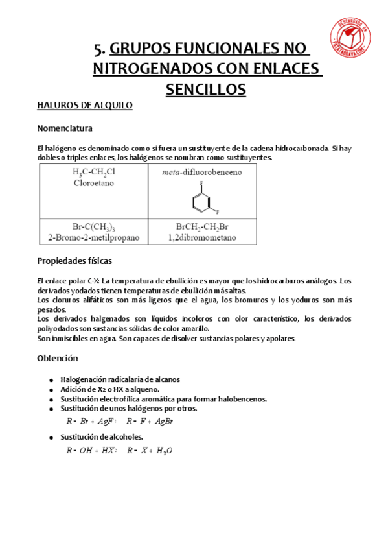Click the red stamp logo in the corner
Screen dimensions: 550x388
(x=354, y=38)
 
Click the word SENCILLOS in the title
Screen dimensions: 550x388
(x=205, y=89)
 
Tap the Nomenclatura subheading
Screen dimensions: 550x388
(x=65, y=128)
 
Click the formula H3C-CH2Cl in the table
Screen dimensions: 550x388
(x=93, y=173)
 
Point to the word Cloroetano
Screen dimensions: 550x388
(x=93, y=183)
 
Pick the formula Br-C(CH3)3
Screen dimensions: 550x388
(x=93, y=228)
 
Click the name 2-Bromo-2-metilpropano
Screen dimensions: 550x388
(x=93, y=237)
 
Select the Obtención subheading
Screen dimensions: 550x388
(x=58, y=358)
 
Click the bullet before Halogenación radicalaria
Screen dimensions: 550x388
(x=51, y=380)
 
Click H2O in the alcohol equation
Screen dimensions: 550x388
(x=165, y=451)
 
